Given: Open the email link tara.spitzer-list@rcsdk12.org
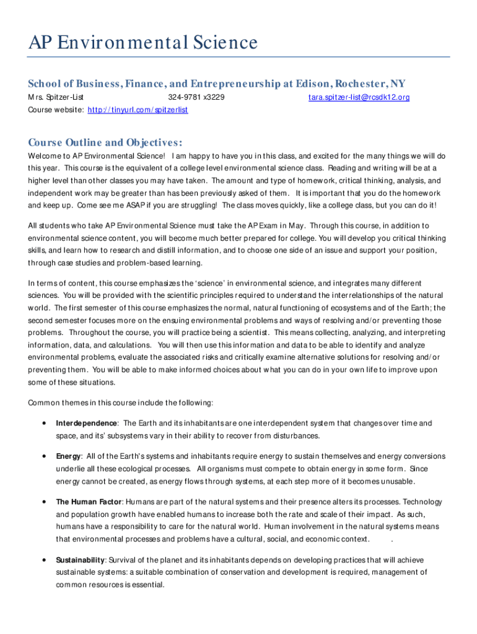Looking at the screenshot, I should click(359, 98).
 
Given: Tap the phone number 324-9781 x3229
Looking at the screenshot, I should click(196, 98).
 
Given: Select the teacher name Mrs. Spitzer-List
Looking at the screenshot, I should click(56, 98).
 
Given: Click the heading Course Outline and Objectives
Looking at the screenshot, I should click(105, 141).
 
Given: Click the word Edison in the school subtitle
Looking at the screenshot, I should click(313, 84).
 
